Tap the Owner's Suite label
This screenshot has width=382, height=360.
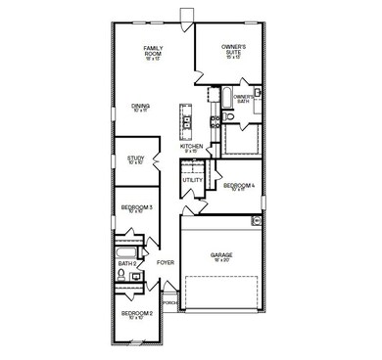click(233, 49)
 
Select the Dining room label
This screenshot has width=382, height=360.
click(140, 108)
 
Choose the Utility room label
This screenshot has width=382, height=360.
click(193, 180)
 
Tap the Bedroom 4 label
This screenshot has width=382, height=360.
click(238, 186)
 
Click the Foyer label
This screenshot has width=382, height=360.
click(165, 262)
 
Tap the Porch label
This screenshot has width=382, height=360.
click(169, 303)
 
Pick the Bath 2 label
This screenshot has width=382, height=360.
click(127, 263)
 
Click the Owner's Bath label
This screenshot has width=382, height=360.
click(245, 98)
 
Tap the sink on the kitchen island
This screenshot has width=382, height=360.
click(183, 122)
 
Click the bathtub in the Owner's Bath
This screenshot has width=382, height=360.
click(226, 99)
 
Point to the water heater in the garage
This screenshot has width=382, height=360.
click(257, 221)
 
